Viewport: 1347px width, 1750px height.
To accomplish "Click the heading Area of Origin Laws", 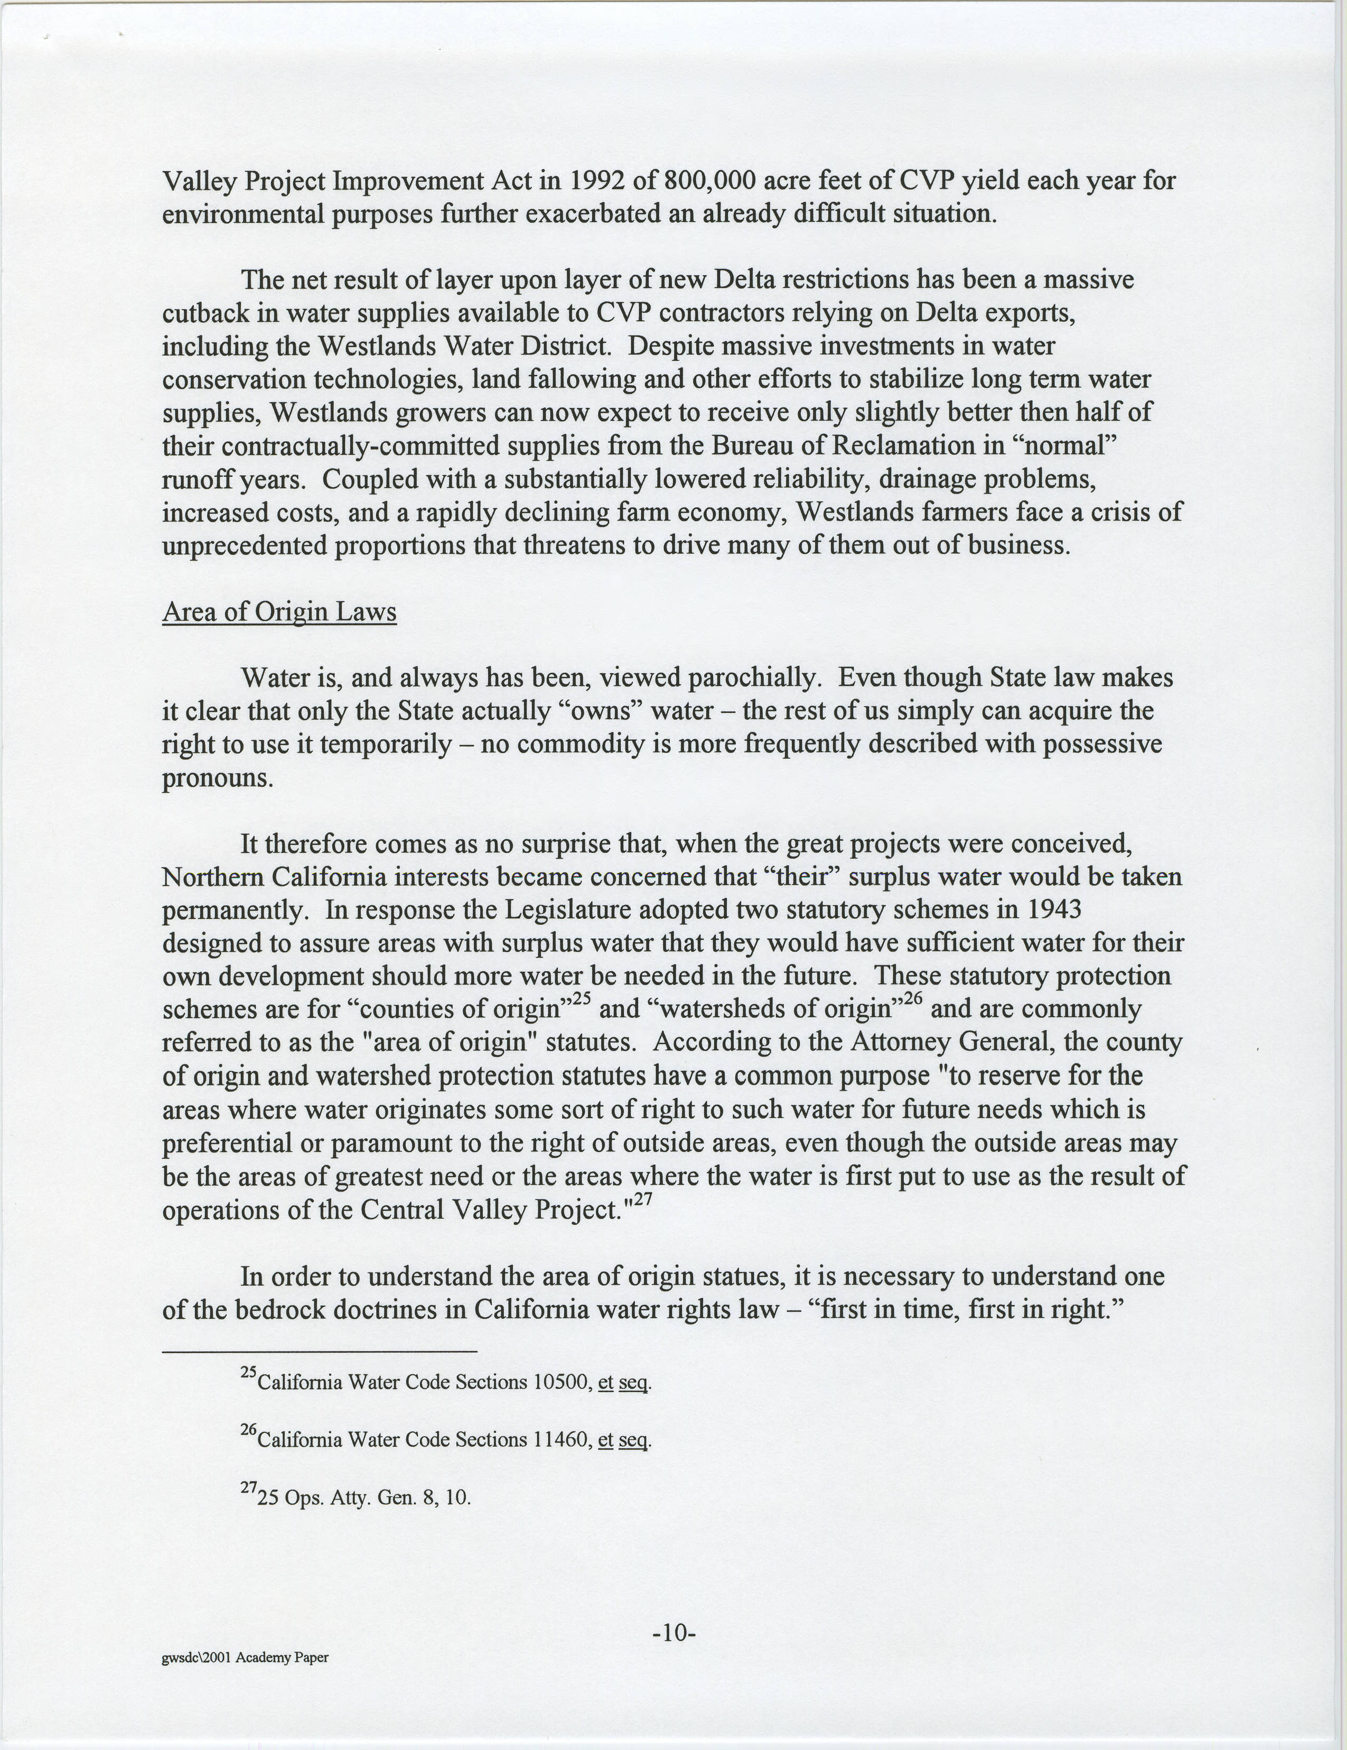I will tap(279, 612).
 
